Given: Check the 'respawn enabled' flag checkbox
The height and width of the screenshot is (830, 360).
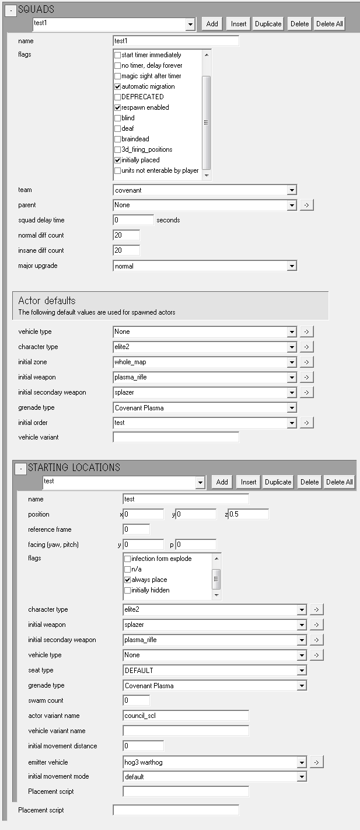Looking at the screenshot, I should (x=118, y=107).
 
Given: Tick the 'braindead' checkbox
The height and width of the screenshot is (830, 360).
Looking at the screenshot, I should (x=118, y=139).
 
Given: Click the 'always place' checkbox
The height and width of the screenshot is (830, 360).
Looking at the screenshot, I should (x=128, y=580).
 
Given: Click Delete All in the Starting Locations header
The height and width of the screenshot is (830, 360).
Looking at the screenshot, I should (x=340, y=482).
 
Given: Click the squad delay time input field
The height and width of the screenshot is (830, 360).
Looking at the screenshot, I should (x=133, y=220).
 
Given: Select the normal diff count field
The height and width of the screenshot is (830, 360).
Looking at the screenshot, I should (x=126, y=235).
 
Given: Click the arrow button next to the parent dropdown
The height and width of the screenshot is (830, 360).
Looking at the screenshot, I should (x=307, y=205).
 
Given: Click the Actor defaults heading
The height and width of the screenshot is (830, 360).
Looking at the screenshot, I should (x=47, y=301).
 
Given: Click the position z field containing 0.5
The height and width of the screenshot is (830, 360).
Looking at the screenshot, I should (x=248, y=514).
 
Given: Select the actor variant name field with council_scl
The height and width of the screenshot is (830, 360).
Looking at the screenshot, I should (x=186, y=716).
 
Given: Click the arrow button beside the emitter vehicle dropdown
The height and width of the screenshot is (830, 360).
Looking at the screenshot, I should (x=316, y=762).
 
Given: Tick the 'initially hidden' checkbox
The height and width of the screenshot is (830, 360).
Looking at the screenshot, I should (x=128, y=590).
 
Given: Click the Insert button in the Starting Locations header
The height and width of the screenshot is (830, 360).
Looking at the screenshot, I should (x=249, y=482).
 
